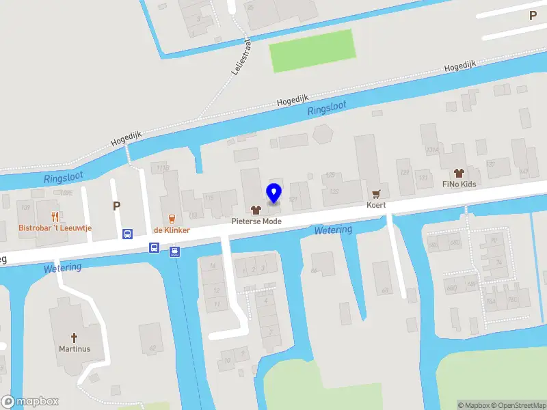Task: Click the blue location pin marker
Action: [x=273, y=193]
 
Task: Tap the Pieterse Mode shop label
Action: [x=256, y=221]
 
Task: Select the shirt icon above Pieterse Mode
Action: [x=256, y=210]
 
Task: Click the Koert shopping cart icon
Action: [x=375, y=193]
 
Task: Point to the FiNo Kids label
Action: [x=459, y=184]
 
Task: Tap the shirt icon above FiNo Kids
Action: [x=459, y=172]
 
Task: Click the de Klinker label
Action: [x=172, y=230]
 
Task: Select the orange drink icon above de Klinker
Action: [x=172, y=219]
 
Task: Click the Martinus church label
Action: [x=75, y=348]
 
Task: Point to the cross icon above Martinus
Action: [x=75, y=337]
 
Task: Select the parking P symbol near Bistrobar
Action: [x=116, y=205]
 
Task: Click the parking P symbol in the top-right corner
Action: [x=533, y=15]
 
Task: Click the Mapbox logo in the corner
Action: [x=30, y=402]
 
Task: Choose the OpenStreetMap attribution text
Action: [x=518, y=405]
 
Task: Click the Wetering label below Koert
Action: [x=334, y=230]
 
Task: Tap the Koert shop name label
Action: [x=375, y=205]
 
